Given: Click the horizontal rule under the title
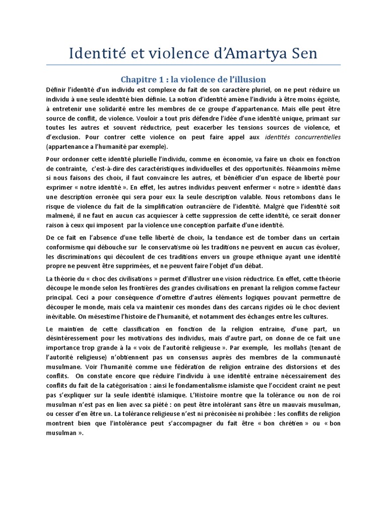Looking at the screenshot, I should point(193,65).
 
